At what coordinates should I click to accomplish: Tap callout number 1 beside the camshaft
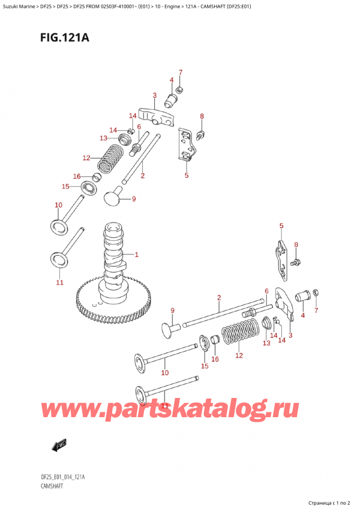tap(137, 255)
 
